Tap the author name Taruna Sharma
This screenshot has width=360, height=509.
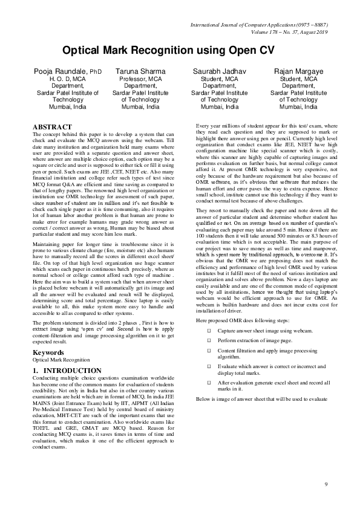click(140, 72)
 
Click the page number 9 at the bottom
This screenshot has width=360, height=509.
click(326, 484)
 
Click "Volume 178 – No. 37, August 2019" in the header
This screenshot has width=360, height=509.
click(284, 33)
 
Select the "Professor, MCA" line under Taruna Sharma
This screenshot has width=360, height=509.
click(140, 79)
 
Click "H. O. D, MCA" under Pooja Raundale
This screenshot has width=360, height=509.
click(59, 79)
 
